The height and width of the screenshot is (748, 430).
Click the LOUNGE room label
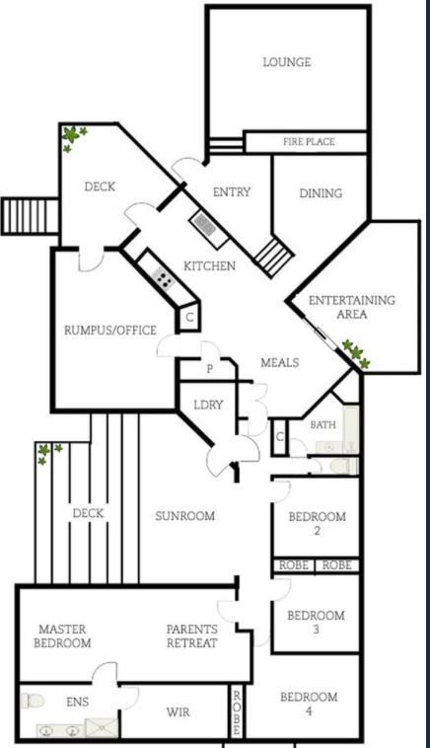pos(287,62)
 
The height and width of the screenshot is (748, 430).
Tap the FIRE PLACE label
pos(309,142)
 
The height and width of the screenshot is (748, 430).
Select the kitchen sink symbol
pos(205,225)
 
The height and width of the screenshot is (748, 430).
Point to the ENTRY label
pos(232,191)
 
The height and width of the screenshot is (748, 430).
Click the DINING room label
pos(321,193)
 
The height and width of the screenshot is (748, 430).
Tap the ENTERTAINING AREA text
pos(352,307)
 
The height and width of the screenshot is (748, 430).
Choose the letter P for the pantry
pos(209,369)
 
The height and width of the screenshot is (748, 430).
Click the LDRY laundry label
pos(208,405)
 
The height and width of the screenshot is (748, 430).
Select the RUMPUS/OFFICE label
pos(110,331)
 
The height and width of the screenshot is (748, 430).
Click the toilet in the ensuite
pos(33,701)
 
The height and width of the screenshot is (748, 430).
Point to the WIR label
pos(178,712)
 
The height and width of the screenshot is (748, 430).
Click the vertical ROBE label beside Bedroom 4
pos(237,712)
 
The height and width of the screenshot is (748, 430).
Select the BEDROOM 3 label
pos(316,622)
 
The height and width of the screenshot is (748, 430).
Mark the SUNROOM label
pos(185,516)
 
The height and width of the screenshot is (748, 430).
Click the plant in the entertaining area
pos(356,353)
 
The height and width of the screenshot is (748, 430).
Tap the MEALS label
pos(280,362)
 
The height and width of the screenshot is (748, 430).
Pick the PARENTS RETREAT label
pos(192,636)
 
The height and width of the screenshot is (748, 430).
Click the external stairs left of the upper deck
pos(30,216)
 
